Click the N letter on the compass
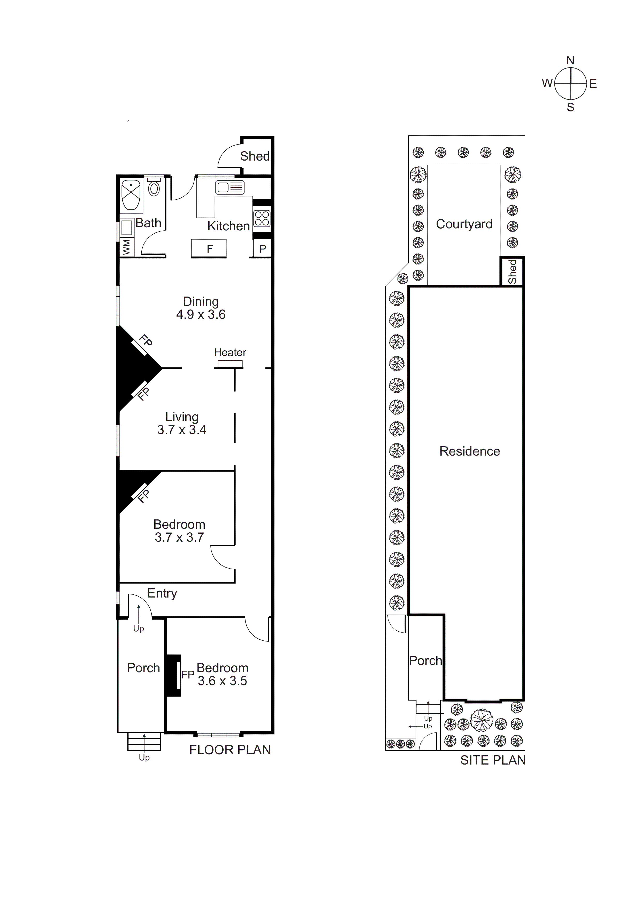(570, 61)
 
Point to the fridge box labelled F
(209, 248)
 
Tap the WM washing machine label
(126, 247)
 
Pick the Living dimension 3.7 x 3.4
(182, 430)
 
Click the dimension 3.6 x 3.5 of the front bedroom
(222, 681)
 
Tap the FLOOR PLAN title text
(230, 750)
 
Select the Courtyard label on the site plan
(464, 224)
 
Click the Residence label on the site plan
(470, 451)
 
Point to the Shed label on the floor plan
(255, 156)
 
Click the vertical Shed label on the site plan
(512, 271)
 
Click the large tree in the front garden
(482, 720)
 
